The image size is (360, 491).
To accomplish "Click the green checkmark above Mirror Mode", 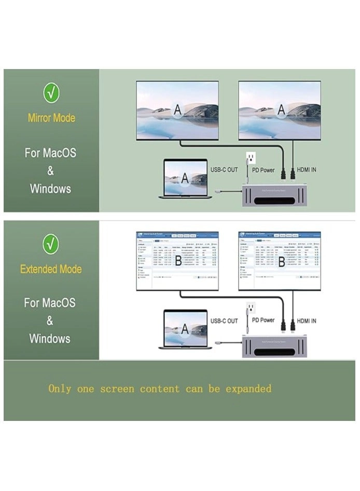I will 51,92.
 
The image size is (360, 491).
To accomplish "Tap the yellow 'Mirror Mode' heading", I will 51,118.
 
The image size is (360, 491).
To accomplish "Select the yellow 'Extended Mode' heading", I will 51,269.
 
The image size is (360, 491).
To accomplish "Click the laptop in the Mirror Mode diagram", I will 185,179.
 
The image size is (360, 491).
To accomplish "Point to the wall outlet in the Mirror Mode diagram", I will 250,158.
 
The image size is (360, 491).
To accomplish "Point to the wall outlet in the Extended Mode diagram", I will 250,309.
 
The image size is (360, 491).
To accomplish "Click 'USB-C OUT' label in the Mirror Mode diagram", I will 224,170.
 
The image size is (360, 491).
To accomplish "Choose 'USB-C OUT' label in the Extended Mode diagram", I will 225,321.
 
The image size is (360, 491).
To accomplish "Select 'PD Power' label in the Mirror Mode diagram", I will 260,170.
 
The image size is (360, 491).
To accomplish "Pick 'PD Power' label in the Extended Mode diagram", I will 260,320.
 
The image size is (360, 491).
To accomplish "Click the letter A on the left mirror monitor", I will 178,110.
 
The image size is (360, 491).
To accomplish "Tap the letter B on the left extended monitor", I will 178,261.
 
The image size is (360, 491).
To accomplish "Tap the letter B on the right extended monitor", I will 282,261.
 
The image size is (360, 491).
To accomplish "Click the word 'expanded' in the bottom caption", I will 248,389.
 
